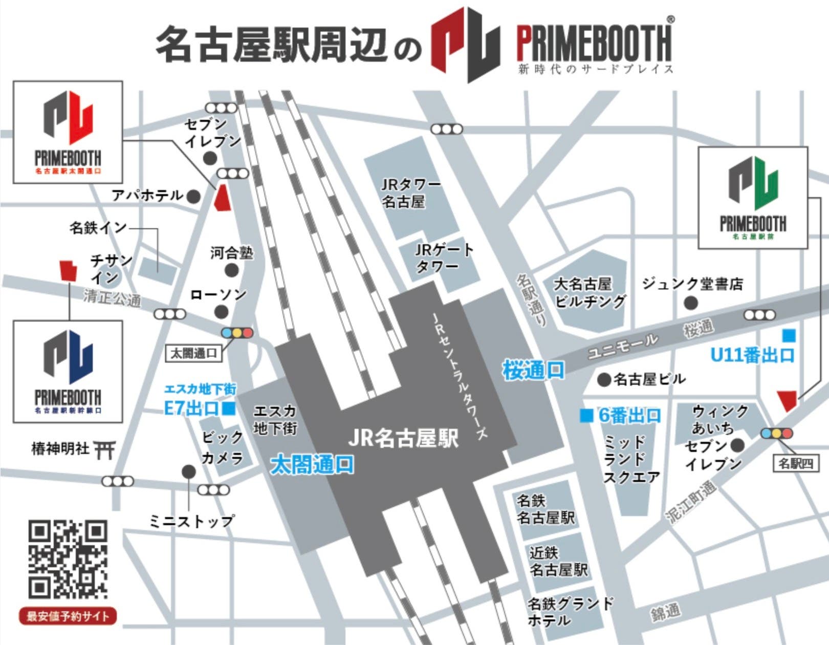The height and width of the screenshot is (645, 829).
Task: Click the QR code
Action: click(x=68, y=559)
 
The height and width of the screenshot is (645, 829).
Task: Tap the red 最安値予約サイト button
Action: click(x=68, y=616)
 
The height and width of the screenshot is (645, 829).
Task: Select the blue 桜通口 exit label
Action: click(x=533, y=370)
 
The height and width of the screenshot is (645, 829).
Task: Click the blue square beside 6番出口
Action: click(x=586, y=415)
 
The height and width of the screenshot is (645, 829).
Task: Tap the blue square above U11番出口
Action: click(x=789, y=336)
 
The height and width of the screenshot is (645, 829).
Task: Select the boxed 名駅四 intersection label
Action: click(x=795, y=464)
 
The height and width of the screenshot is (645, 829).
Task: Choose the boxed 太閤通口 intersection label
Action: click(x=193, y=353)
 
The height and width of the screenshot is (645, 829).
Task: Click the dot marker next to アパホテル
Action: click(x=193, y=196)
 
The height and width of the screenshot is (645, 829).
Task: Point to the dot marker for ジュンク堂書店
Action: click(x=691, y=303)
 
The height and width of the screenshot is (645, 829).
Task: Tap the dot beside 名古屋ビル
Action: click(x=604, y=379)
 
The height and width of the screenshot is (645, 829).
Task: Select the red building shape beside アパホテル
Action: click(x=222, y=198)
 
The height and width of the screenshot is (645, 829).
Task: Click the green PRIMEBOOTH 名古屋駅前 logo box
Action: click(x=753, y=198)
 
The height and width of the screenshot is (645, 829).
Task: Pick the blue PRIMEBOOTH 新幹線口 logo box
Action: click(x=68, y=372)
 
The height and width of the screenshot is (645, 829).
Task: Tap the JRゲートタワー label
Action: click(x=444, y=257)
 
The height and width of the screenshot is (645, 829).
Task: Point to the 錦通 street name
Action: click(x=665, y=612)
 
